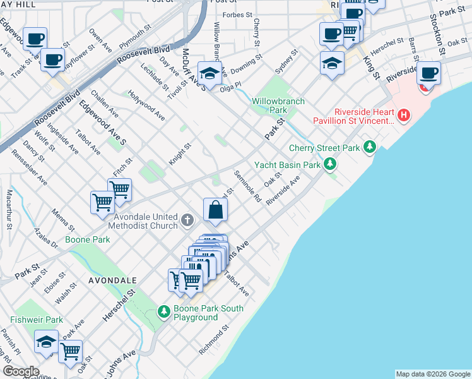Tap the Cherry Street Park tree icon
click(370, 148)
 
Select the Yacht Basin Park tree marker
click(329, 165)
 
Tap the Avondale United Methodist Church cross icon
click(187, 220)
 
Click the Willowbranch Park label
click(278, 105)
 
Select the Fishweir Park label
click(36, 320)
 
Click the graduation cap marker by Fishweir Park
click(46, 342)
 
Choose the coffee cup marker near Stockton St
click(429, 73)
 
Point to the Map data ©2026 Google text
click(432, 374)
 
